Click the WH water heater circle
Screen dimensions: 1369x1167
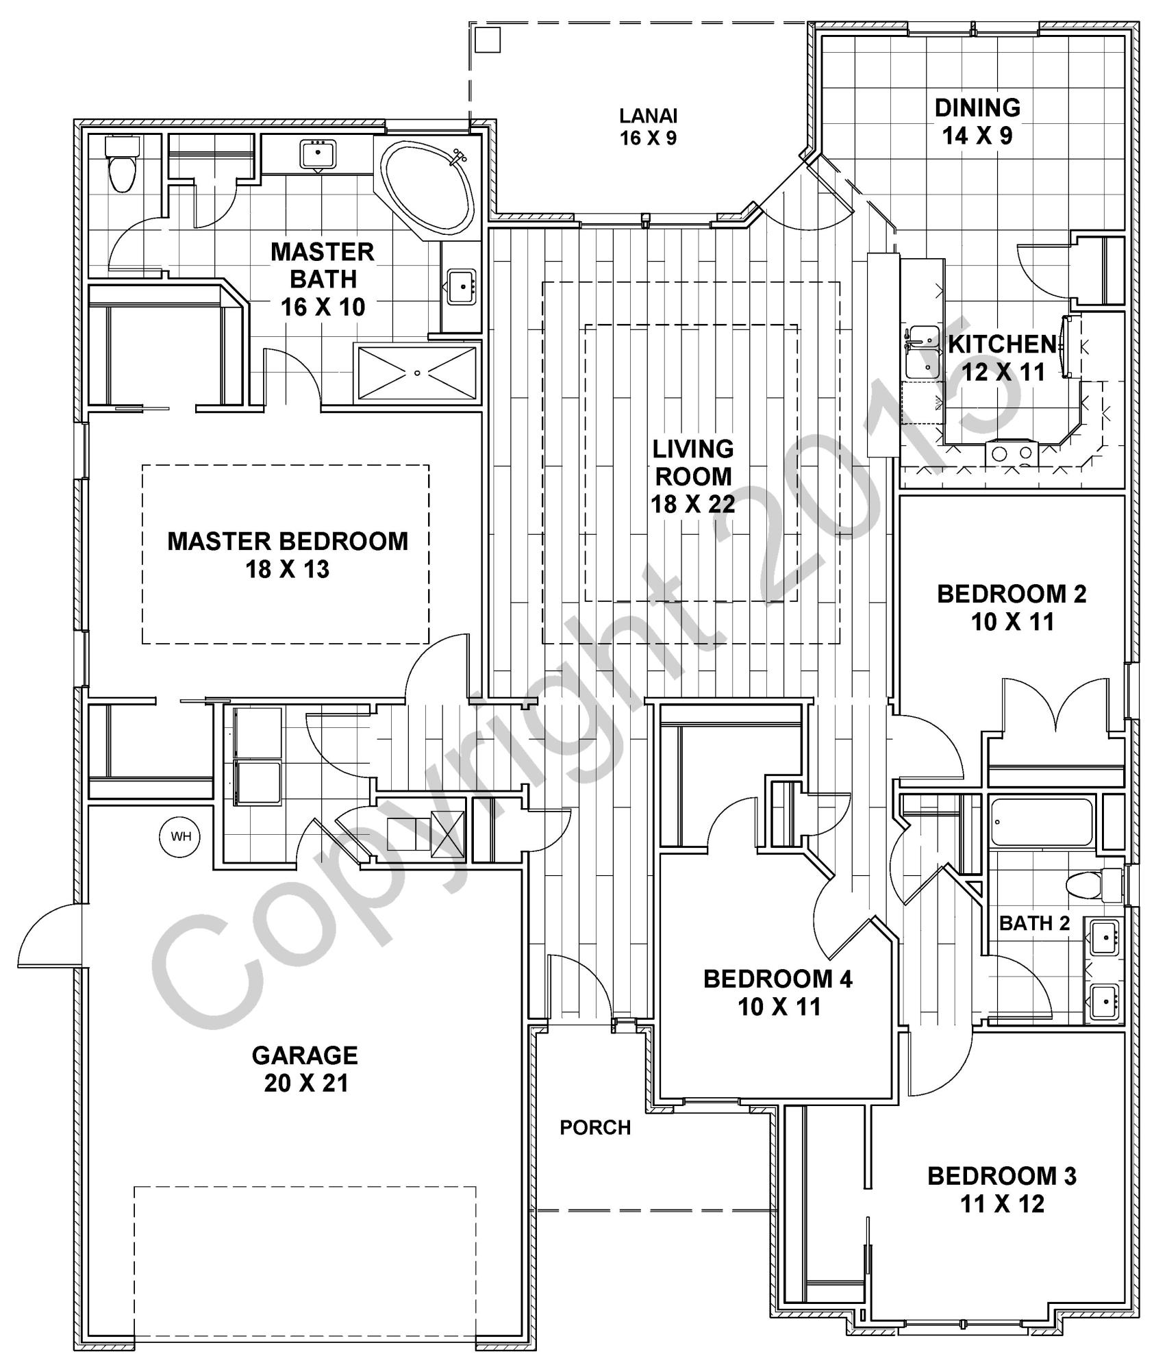click(181, 836)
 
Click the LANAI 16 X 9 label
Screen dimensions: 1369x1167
click(648, 127)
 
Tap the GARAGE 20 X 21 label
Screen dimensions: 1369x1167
click(305, 1069)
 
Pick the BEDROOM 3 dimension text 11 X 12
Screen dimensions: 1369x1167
click(1002, 1204)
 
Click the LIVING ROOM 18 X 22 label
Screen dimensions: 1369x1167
click(692, 476)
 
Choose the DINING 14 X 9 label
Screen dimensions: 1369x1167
click(977, 121)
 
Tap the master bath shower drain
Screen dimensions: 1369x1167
click(417, 373)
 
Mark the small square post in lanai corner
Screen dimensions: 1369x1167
click(488, 40)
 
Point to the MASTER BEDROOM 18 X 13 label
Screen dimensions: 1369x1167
click(288, 555)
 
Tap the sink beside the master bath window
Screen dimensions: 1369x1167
click(317, 154)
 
